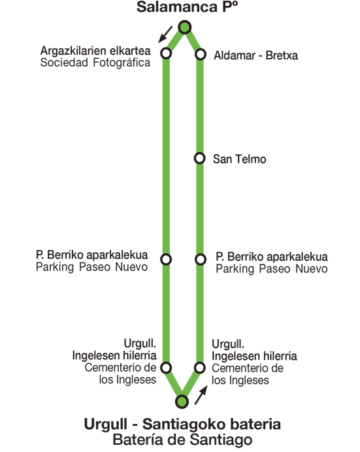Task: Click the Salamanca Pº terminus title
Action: coord(188,7)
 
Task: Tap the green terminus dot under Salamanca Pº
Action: coord(185,27)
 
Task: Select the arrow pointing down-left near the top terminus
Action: coord(165,35)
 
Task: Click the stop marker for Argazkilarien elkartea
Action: coord(167,54)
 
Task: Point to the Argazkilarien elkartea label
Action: coord(95,51)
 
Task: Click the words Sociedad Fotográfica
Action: coord(95,63)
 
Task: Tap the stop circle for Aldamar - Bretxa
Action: coord(201,54)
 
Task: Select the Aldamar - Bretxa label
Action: coord(255,56)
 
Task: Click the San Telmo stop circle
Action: coord(199,158)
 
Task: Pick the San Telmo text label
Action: coord(239,159)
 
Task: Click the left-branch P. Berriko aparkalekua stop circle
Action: coord(166,259)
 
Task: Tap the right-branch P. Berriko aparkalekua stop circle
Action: coord(201,259)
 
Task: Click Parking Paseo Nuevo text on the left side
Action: coord(91,267)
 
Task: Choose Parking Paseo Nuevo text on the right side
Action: coord(272,268)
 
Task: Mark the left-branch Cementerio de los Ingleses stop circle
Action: coord(166,368)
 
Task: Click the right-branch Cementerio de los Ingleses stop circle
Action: coord(200,368)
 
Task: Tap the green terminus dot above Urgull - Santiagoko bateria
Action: coord(182,402)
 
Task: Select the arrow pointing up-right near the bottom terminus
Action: coord(201,395)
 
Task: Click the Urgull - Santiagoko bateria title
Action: coord(182,425)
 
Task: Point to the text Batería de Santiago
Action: coord(182,440)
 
